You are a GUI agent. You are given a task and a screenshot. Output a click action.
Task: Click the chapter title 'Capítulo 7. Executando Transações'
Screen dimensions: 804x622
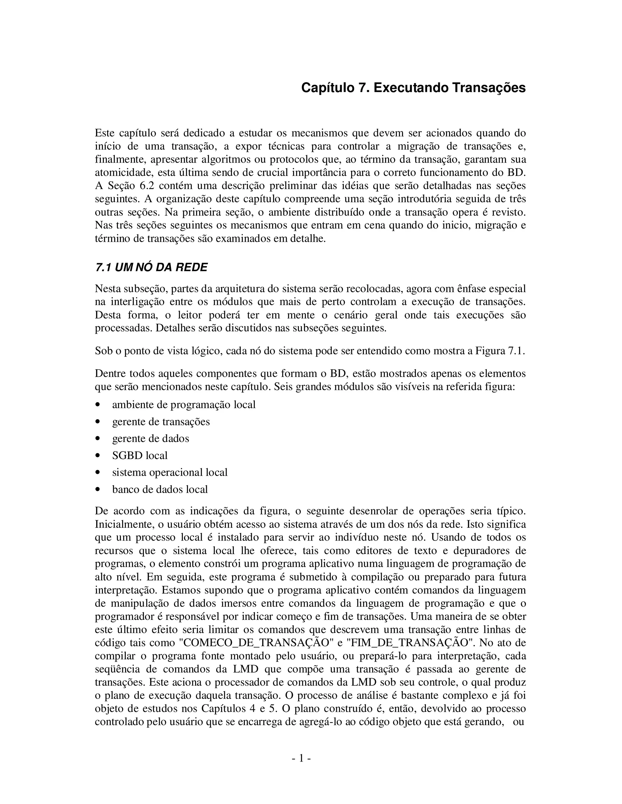[x=413, y=88]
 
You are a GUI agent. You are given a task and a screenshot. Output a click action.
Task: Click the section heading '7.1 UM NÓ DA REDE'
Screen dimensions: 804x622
[x=151, y=267]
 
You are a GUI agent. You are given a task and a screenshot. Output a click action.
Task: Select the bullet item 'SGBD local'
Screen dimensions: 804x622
[x=140, y=455]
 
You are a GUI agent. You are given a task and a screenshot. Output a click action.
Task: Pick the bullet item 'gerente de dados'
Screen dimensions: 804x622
[x=150, y=438]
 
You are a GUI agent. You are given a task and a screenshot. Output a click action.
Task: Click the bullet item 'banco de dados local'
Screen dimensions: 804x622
[x=160, y=489]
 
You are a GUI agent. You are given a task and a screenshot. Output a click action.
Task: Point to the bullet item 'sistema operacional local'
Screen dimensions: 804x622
[x=169, y=472]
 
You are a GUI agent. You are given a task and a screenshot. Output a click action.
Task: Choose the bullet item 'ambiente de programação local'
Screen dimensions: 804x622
[x=183, y=404]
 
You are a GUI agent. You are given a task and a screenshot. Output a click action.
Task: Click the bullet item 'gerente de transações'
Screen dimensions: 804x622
[x=161, y=421]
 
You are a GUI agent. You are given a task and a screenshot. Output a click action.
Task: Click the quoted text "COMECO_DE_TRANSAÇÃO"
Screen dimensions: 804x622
[x=256, y=643]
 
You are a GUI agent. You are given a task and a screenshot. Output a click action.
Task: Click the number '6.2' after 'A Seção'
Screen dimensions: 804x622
[x=140, y=186]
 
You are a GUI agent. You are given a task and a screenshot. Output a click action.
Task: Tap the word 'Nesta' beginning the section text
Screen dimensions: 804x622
[x=107, y=289]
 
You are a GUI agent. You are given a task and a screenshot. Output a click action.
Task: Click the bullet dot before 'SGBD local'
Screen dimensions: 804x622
[x=98, y=456]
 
